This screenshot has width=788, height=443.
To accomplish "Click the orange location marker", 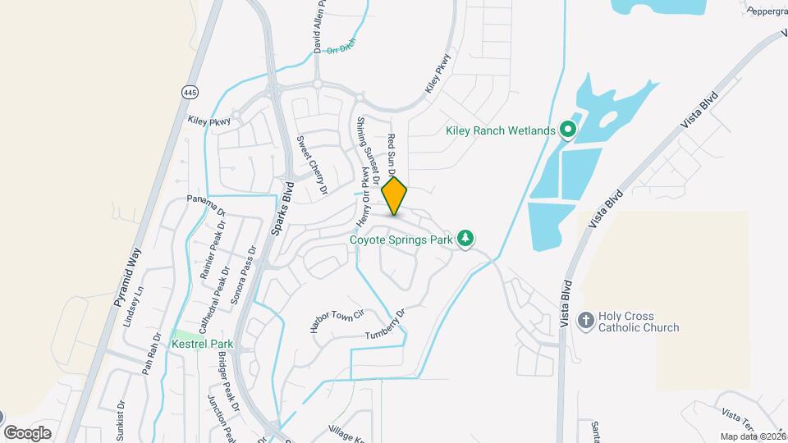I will pyautogui.click(x=395, y=196).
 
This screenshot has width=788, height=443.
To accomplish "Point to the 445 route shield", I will pyautogui.click(x=190, y=90).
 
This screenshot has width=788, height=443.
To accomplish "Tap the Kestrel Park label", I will pyautogui.click(x=203, y=345).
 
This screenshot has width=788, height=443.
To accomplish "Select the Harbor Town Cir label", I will pyautogui.click(x=337, y=319).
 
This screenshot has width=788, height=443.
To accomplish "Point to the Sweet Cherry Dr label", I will pyautogui.click(x=312, y=165).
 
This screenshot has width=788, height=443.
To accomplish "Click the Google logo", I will pyautogui.click(x=28, y=432).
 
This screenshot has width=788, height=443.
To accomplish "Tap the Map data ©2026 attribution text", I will pyautogui.click(x=753, y=436).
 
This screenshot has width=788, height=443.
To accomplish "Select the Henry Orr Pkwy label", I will pyautogui.click(x=363, y=197).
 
